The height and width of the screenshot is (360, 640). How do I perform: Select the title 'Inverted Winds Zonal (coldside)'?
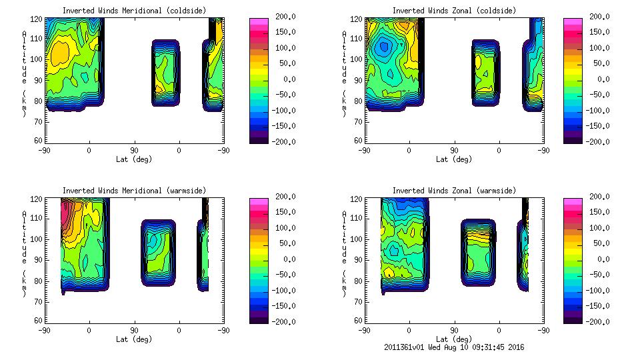pyautogui.click(x=454, y=11)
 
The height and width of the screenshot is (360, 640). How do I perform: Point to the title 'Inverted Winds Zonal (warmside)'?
pyautogui.click(x=454, y=191)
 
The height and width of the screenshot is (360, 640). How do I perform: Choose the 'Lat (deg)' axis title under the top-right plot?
pyautogui.click(x=454, y=159)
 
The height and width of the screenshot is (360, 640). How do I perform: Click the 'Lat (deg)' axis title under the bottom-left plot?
pyautogui.click(x=134, y=339)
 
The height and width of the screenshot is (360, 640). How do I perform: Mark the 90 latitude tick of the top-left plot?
pyautogui.click(x=134, y=150)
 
